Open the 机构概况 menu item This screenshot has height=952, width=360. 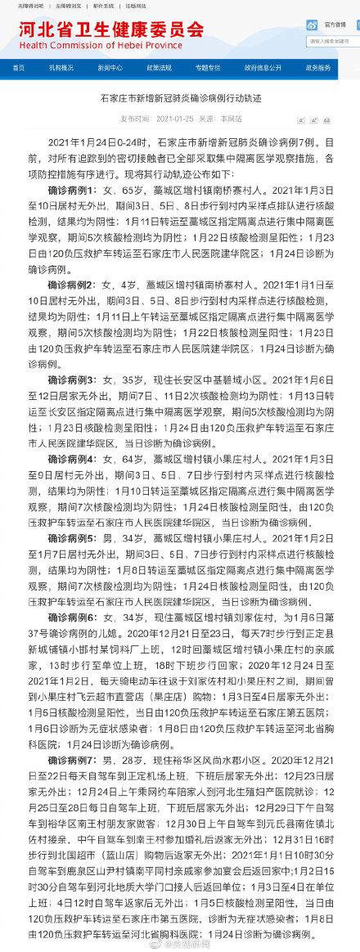[61, 66]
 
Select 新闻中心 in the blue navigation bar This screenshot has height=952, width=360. [110, 66]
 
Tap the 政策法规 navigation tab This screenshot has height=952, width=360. [159, 66]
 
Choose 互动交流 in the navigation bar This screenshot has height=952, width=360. [208, 66]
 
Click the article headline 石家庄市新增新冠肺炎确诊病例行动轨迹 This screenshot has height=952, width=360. [179, 100]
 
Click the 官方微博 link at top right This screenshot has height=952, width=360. [335, 25]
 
